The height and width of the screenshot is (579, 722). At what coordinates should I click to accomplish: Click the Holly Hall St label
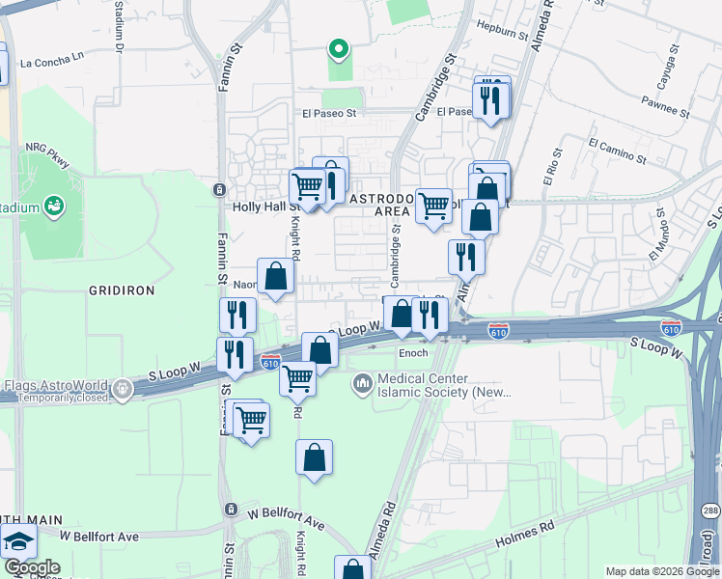coord(260,207)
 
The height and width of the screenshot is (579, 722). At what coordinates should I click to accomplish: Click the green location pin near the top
coord(338,48)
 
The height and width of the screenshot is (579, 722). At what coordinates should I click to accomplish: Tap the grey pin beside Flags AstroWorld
coord(122,390)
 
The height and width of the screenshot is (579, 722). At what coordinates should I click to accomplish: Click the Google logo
coord(32,567)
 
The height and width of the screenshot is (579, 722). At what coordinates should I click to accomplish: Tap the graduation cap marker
coord(17,543)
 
